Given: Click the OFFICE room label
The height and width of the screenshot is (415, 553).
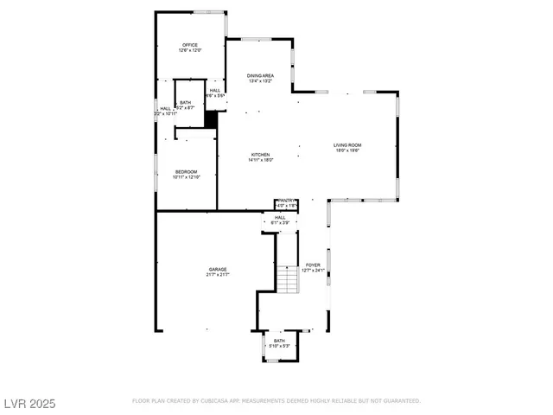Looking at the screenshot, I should click(189, 45).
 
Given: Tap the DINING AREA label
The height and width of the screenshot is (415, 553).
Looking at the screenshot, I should click(260, 76).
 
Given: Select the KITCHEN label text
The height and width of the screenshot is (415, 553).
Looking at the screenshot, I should click(261, 155).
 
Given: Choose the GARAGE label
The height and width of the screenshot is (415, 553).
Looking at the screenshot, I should click(218, 269).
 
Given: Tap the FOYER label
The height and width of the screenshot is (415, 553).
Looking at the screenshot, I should click(313, 265).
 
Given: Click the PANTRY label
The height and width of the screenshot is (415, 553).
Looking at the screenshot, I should click(287, 201).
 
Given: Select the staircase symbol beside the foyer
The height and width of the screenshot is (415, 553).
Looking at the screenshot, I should click(288, 279).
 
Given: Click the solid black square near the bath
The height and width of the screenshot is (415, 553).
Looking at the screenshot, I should click(209, 121).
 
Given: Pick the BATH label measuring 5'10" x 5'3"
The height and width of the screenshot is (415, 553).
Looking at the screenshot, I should click(279, 341).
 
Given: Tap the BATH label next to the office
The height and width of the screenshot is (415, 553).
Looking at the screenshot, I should click(186, 102).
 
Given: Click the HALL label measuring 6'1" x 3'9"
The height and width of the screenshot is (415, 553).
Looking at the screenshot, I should click(280, 217).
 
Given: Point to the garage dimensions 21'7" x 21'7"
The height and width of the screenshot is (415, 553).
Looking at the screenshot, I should click(218, 274).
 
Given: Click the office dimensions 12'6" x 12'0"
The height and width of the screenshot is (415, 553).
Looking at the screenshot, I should click(189, 51).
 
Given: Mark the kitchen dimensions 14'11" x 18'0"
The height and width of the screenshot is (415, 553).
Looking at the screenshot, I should click(261, 160).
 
